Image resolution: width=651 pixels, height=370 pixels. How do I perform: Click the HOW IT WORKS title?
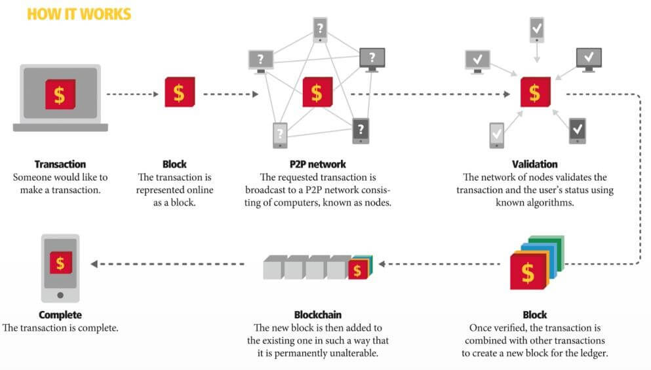[x=79, y=14]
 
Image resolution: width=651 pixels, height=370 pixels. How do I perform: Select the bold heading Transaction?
[x=60, y=164]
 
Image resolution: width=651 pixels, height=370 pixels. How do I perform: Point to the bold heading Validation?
[x=534, y=164]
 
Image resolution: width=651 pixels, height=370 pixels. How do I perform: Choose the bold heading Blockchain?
[x=318, y=315]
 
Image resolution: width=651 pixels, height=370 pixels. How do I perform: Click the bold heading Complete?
[x=60, y=315]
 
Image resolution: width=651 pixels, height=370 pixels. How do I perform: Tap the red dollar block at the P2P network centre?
[x=317, y=93]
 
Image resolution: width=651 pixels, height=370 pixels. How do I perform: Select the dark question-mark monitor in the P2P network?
[x=372, y=58]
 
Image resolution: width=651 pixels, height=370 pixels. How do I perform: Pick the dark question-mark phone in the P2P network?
[x=361, y=130]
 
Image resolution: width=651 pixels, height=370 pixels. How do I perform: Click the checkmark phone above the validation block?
[x=536, y=29]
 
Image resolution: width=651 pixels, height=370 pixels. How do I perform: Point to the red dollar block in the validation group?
[x=535, y=93]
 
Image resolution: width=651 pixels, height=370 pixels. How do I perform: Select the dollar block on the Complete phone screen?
[x=60, y=263]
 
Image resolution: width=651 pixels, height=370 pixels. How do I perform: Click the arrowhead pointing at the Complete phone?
[x=94, y=264]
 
